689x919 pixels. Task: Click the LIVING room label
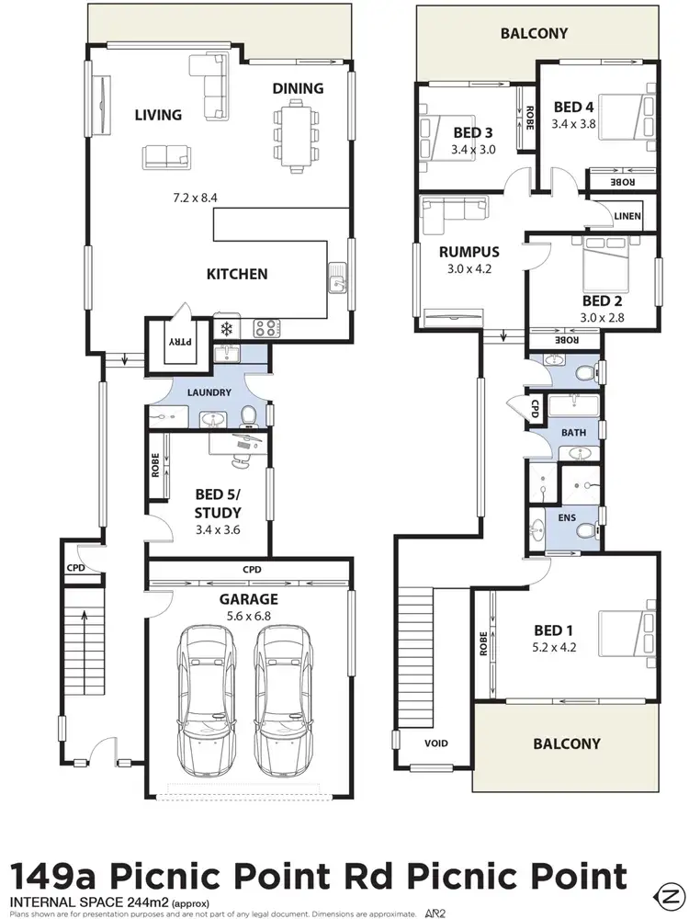158,115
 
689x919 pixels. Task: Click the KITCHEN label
236,274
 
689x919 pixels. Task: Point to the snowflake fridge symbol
226,327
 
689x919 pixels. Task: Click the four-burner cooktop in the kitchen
265,327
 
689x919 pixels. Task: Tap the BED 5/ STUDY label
218,505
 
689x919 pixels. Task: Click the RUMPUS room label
469,252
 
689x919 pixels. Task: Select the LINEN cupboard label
627,215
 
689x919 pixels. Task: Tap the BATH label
573,432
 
